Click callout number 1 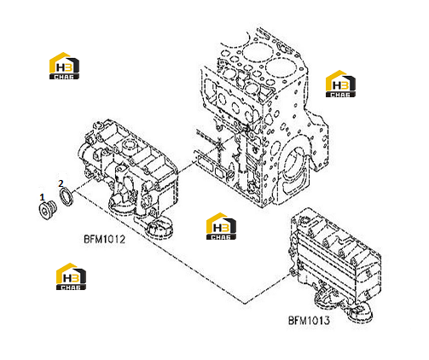point(42,197)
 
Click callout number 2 point(61,183)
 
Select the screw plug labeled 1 point(48,210)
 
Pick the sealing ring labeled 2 point(67,196)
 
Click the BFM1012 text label point(104,239)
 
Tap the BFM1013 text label point(309,321)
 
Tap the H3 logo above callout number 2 point(64,66)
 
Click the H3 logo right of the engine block point(340,84)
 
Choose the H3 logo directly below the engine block point(221,226)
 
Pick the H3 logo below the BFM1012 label point(71,276)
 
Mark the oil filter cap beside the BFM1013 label point(359,313)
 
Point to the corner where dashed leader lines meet point(244,303)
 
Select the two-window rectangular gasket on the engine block point(212,166)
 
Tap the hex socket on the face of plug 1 point(43,211)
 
